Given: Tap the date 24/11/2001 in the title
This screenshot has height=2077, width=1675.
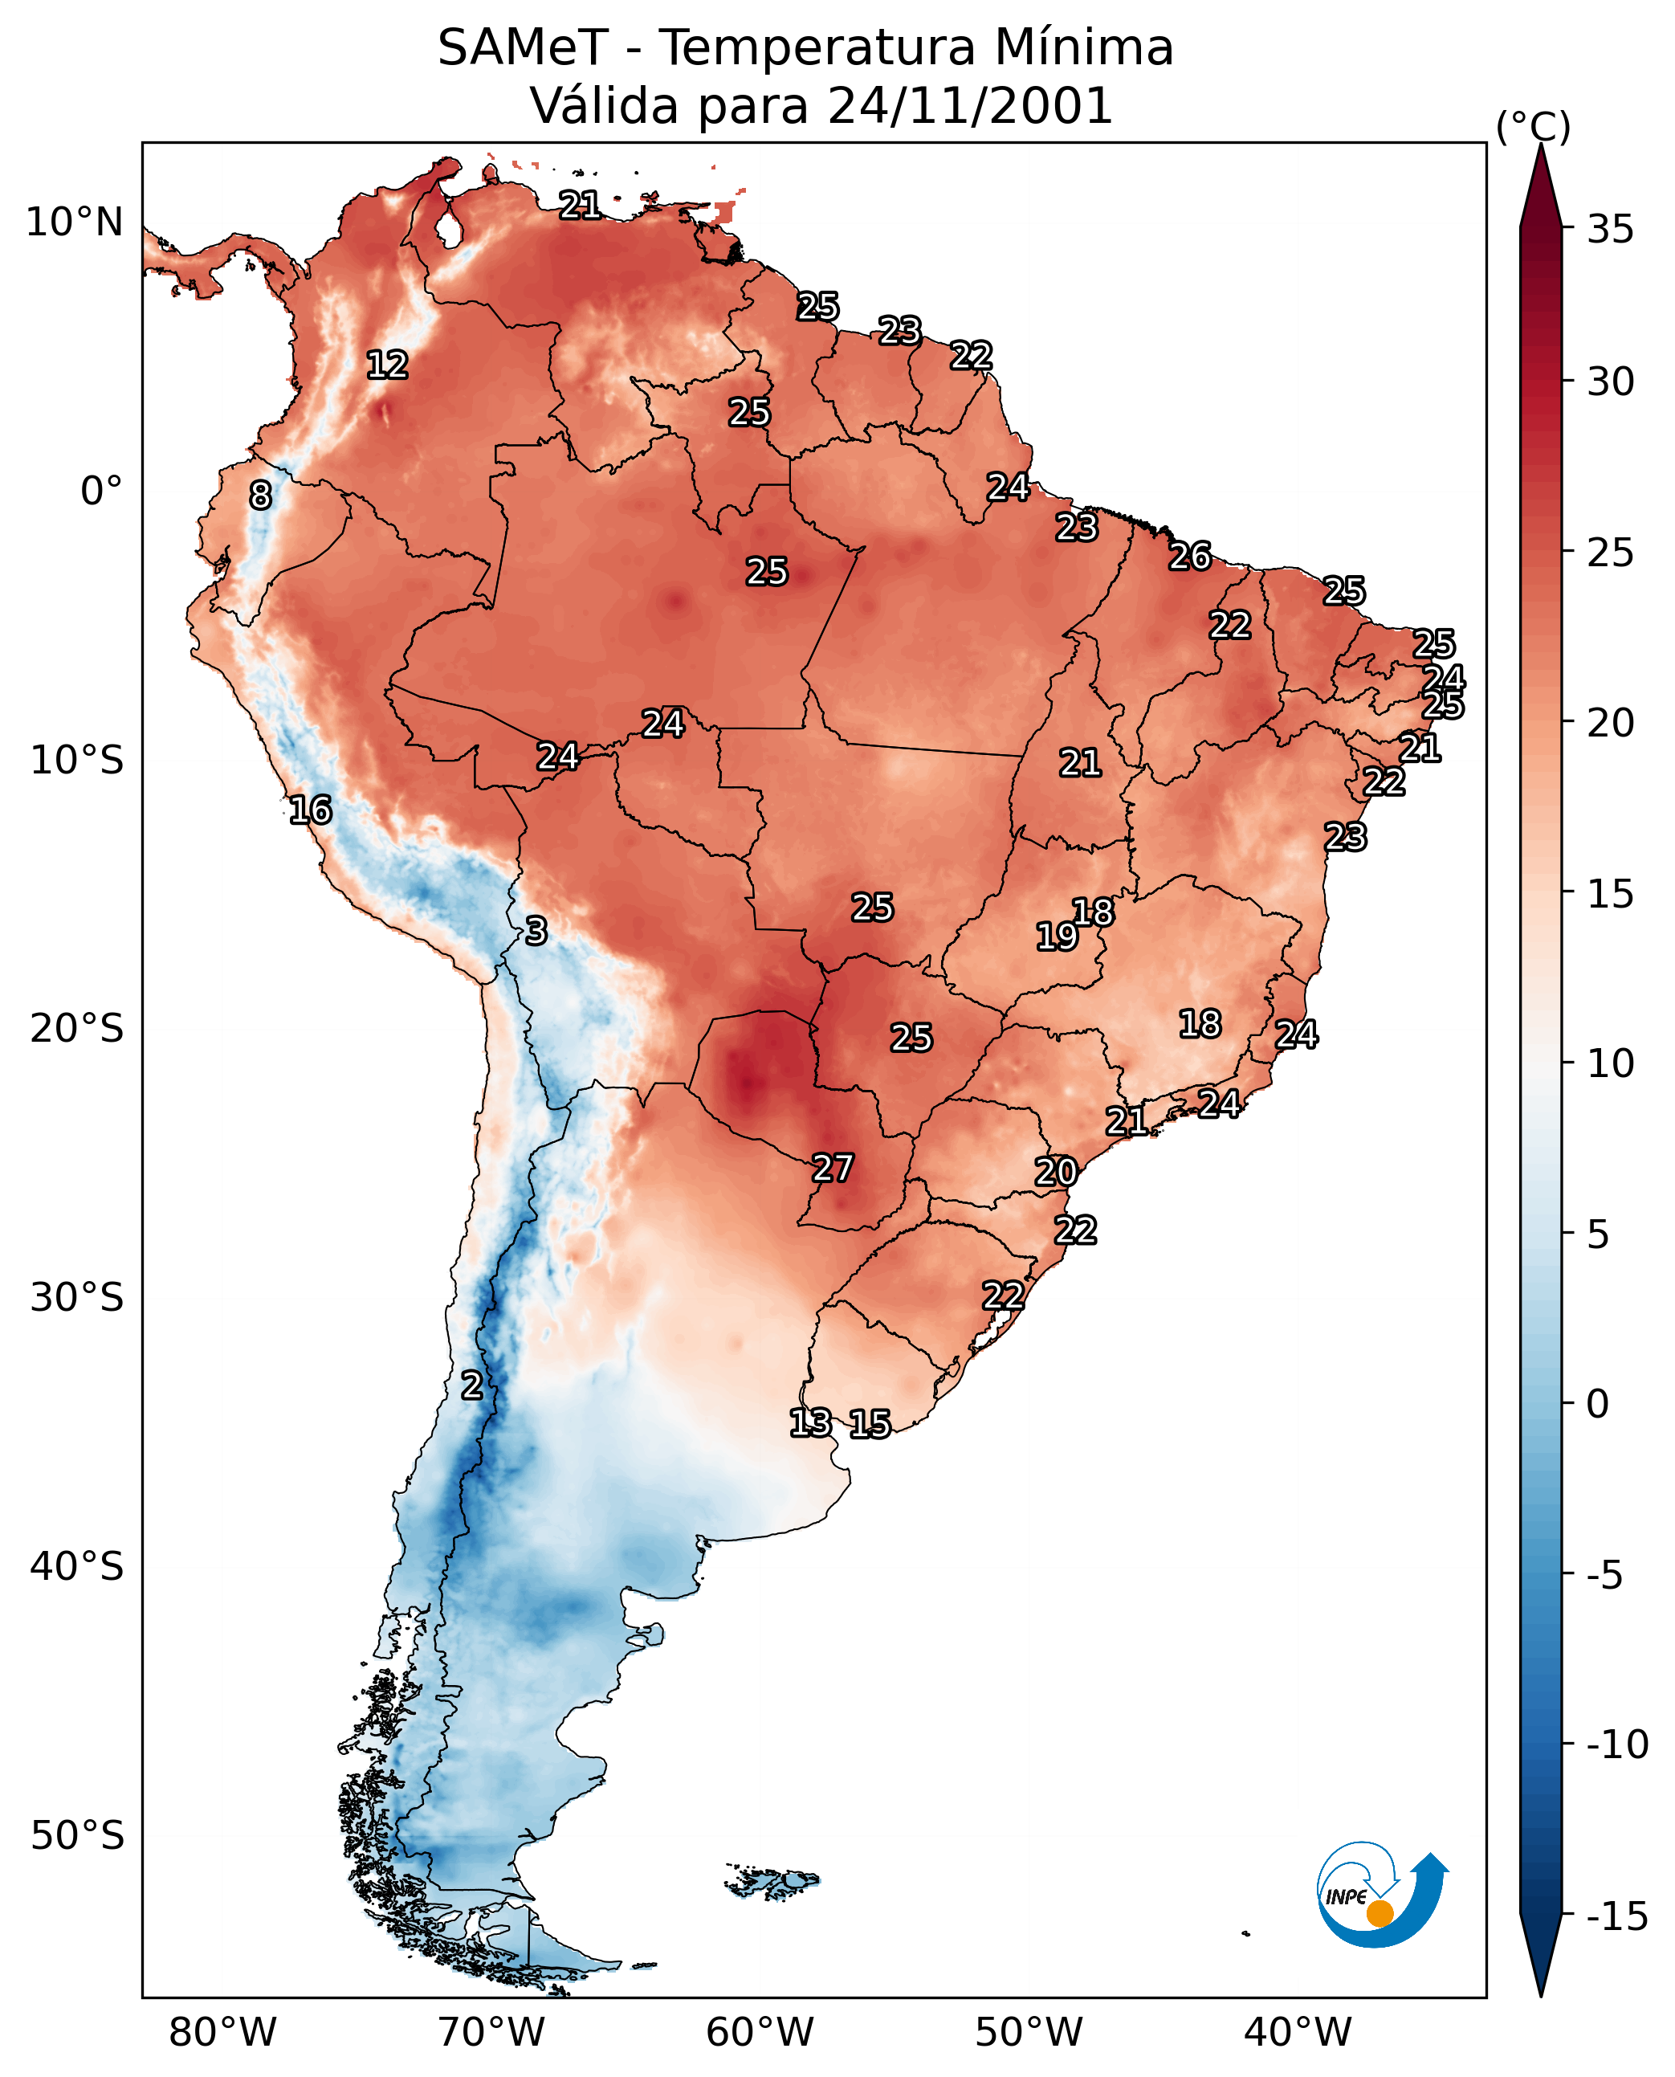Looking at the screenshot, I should [x=970, y=106].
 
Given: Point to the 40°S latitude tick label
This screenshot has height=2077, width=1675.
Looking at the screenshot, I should [x=77, y=1565].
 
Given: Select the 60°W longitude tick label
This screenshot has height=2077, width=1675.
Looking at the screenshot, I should [x=760, y=2032].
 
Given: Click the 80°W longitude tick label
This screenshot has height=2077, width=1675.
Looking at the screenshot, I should [x=223, y=2032].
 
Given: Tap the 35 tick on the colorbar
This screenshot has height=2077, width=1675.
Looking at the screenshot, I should [x=1610, y=230].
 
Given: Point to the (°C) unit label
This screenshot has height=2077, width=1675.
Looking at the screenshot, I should [x=1533, y=126].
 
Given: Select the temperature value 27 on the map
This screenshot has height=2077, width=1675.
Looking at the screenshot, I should [x=833, y=1168].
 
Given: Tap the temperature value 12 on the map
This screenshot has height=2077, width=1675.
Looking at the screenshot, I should [x=388, y=365].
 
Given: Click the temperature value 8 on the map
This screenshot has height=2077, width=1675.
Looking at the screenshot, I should [x=260, y=495].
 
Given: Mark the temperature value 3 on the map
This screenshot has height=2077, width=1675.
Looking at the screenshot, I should [x=536, y=930].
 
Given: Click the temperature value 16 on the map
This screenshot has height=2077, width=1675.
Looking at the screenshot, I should [x=311, y=810].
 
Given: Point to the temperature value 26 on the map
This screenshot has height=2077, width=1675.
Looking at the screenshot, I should [x=1190, y=556].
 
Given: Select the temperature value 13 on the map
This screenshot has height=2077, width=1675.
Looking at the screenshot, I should [x=810, y=1422].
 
